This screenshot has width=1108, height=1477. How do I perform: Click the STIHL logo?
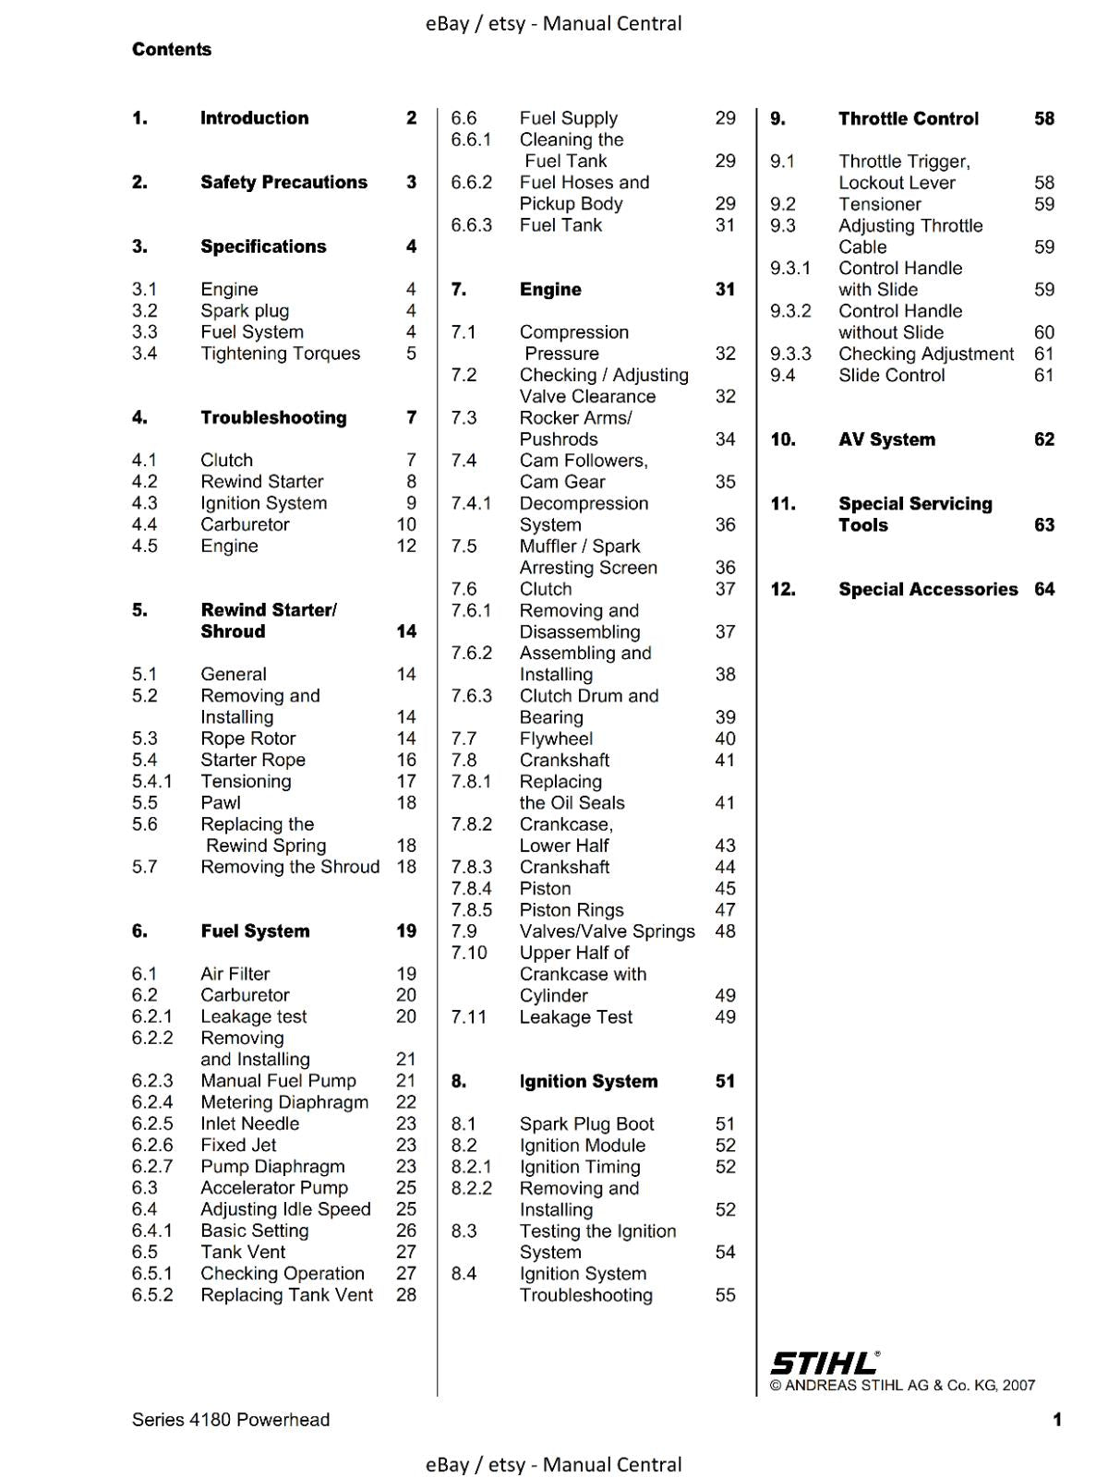pyautogui.click(x=824, y=1363)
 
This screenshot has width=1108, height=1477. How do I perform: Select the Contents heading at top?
pyautogui.click(x=172, y=50)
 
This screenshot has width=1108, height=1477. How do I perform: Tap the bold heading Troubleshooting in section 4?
pyautogui.click(x=273, y=418)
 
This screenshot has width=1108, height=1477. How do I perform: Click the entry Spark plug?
pyautogui.click(x=245, y=311)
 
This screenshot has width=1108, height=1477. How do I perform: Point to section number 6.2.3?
pyautogui.click(x=152, y=1081)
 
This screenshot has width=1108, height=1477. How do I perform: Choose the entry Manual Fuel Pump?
pyautogui.click(x=278, y=1081)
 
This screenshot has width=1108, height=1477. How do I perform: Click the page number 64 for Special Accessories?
pyautogui.click(x=1044, y=590)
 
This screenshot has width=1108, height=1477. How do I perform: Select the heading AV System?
pyautogui.click(x=886, y=440)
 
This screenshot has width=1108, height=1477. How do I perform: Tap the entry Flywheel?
pyautogui.click(x=556, y=739)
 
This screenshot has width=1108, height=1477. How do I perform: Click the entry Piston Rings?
pyautogui.click(x=572, y=910)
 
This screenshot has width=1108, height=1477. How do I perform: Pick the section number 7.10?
pyautogui.click(x=469, y=953)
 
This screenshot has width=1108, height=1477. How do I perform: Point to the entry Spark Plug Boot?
pyautogui.click(x=586, y=1124)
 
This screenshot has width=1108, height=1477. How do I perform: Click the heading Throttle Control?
pyautogui.click(x=909, y=119)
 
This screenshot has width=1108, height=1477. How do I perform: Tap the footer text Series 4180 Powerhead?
pyautogui.click(x=231, y=1420)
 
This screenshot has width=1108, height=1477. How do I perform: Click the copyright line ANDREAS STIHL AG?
pyautogui.click(x=902, y=1386)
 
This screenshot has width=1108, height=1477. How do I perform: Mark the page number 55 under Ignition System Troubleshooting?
pyautogui.click(x=726, y=1295)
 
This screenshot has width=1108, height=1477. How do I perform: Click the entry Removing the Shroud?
pyautogui.click(x=290, y=867)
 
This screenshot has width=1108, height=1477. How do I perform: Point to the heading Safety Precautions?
pyautogui.click(x=283, y=183)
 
